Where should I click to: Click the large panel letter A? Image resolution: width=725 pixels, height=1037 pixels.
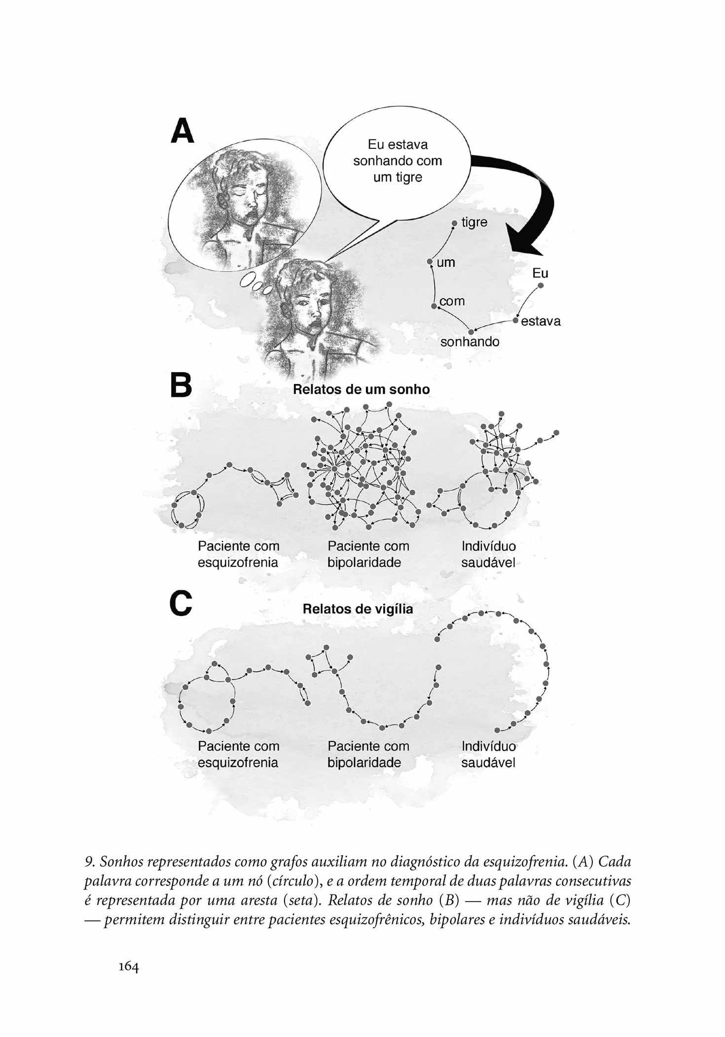click(x=182, y=131)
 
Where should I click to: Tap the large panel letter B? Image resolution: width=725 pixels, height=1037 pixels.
click(x=181, y=385)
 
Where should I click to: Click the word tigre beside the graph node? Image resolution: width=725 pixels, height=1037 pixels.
click(x=474, y=223)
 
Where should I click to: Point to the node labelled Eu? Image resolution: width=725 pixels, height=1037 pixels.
click(x=541, y=285)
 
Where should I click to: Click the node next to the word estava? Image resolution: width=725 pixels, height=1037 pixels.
click(x=516, y=321)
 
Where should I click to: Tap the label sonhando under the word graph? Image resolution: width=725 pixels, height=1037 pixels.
click(x=470, y=342)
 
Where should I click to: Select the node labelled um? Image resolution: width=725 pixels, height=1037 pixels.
click(x=430, y=262)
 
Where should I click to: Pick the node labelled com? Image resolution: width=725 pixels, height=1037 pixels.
click(x=434, y=306)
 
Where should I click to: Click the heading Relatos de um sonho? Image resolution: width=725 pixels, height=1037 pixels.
click(x=361, y=389)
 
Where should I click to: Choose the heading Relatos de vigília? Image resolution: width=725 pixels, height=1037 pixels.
click(x=358, y=609)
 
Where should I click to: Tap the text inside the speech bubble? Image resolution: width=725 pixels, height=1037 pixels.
click(x=398, y=161)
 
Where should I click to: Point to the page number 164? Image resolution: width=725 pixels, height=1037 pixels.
click(x=128, y=967)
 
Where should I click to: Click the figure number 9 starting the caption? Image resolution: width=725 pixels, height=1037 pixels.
click(x=89, y=862)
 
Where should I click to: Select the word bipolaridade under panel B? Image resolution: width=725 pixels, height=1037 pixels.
click(x=364, y=562)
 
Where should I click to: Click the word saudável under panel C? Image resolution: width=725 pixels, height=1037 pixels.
click(x=488, y=762)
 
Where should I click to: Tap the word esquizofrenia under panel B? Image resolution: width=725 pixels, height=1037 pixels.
click(x=238, y=562)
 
